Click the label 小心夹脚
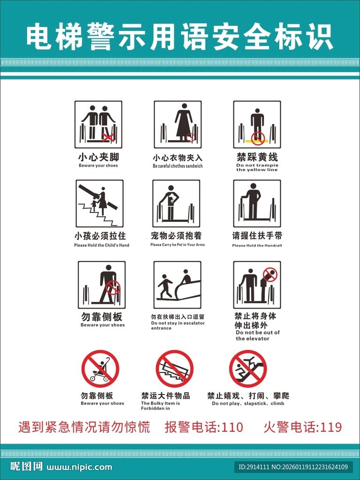click(98, 157)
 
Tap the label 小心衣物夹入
click(178, 158)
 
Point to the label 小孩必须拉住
click(100, 236)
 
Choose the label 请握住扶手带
click(257, 235)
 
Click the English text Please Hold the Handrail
click(257, 246)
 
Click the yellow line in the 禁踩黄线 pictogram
click(256, 141)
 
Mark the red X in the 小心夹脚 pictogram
click(109, 137)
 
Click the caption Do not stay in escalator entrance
click(178, 325)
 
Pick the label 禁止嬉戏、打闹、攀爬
click(248, 396)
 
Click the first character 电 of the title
click(37, 37)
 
